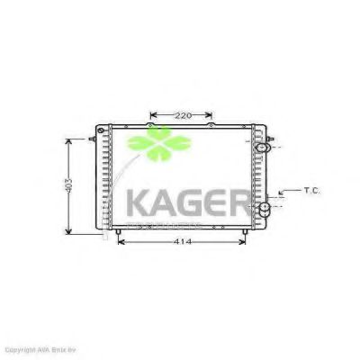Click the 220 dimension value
coord(183,115)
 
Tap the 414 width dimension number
coord(184,243)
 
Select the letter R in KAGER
coord(249,202)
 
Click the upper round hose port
coord(262,148)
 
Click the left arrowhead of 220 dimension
coord(151,115)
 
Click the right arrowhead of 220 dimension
coord(212,115)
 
